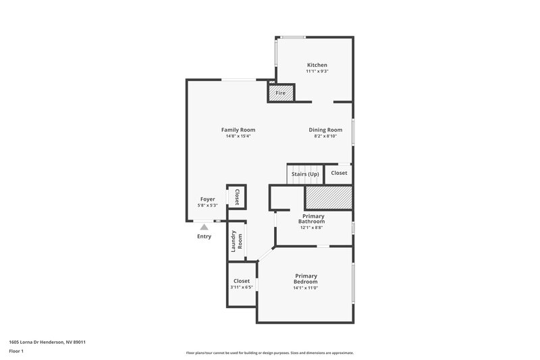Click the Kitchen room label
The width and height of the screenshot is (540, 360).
(317, 65)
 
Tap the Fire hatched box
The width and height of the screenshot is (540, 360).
(280, 93)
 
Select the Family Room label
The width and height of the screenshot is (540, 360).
(238, 130)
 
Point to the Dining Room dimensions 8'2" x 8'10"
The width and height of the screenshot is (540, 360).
(325, 136)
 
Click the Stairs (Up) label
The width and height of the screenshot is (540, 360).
(305, 174)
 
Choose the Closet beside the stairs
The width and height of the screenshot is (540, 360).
(339, 174)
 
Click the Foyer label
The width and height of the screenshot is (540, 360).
(207, 199)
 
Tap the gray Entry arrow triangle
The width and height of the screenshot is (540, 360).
(204, 228)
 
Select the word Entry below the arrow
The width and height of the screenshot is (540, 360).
(204, 236)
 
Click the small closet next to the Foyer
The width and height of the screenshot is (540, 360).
(237, 197)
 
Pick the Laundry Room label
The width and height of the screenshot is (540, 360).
(236, 241)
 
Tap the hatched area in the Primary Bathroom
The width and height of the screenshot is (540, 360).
(329, 198)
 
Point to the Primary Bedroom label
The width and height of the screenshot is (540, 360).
(305, 278)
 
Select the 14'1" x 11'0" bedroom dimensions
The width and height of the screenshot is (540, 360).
(305, 288)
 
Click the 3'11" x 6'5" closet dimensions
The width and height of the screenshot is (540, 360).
(242, 288)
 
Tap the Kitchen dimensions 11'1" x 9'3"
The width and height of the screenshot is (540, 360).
(317, 72)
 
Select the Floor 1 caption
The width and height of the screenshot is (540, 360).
(16, 351)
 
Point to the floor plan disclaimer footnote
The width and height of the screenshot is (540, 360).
(269, 353)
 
